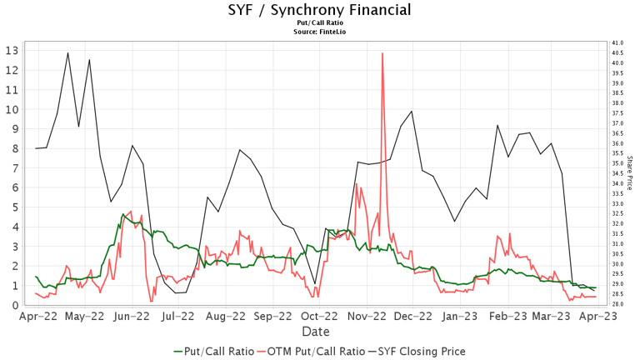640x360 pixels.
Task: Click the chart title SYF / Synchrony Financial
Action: coord(319,11)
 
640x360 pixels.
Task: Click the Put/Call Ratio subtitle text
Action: coord(319,24)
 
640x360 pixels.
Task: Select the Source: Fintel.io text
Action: coord(319,32)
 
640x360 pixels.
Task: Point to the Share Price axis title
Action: coord(630,172)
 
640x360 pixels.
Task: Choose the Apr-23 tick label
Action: coord(599,317)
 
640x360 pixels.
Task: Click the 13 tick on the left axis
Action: coord(12,50)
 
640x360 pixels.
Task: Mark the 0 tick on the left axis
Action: coord(14,305)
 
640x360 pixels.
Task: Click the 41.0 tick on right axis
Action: coord(617,42)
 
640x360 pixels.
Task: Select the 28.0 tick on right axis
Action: coord(617,304)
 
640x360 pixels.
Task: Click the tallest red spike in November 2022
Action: coord(382,54)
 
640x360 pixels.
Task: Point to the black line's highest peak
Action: coord(68,52)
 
